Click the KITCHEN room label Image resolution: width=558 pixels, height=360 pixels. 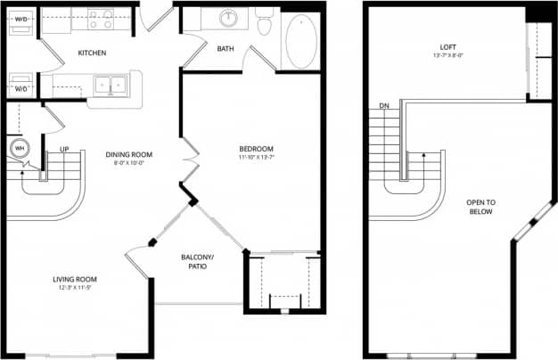(92, 53)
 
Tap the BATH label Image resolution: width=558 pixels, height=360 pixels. (226, 48)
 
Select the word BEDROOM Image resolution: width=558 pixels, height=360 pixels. (256, 149)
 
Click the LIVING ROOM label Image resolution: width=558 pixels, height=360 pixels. (74, 279)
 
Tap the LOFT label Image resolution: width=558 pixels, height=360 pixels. (447, 48)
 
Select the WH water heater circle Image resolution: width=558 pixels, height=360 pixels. (19, 148)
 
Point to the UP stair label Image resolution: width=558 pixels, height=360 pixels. (64, 149)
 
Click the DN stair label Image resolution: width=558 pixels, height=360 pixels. (384, 106)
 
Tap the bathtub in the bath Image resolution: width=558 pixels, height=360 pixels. (300, 40)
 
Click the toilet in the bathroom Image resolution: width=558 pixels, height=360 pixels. (264, 24)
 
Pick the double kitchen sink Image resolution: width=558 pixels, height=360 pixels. (111, 86)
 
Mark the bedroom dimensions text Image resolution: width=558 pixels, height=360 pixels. (256, 158)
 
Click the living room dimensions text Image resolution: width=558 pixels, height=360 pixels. (74, 288)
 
